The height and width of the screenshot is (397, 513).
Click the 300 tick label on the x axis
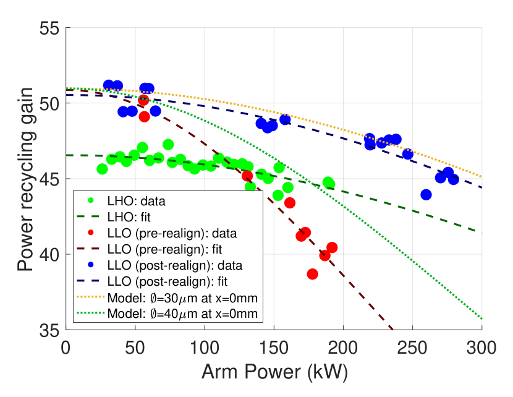coord(481,348)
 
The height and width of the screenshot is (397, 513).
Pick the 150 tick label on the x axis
coord(274,348)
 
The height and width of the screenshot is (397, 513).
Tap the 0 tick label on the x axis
coord(66,348)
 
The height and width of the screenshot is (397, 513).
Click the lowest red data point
coord(313,274)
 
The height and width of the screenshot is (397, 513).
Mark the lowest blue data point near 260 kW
coord(426,195)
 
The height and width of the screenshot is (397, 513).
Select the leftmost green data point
coord(103,169)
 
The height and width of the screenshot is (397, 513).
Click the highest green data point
coord(168,145)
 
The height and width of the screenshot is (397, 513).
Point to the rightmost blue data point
coord(453,179)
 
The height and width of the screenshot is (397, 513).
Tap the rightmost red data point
coord(332,247)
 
